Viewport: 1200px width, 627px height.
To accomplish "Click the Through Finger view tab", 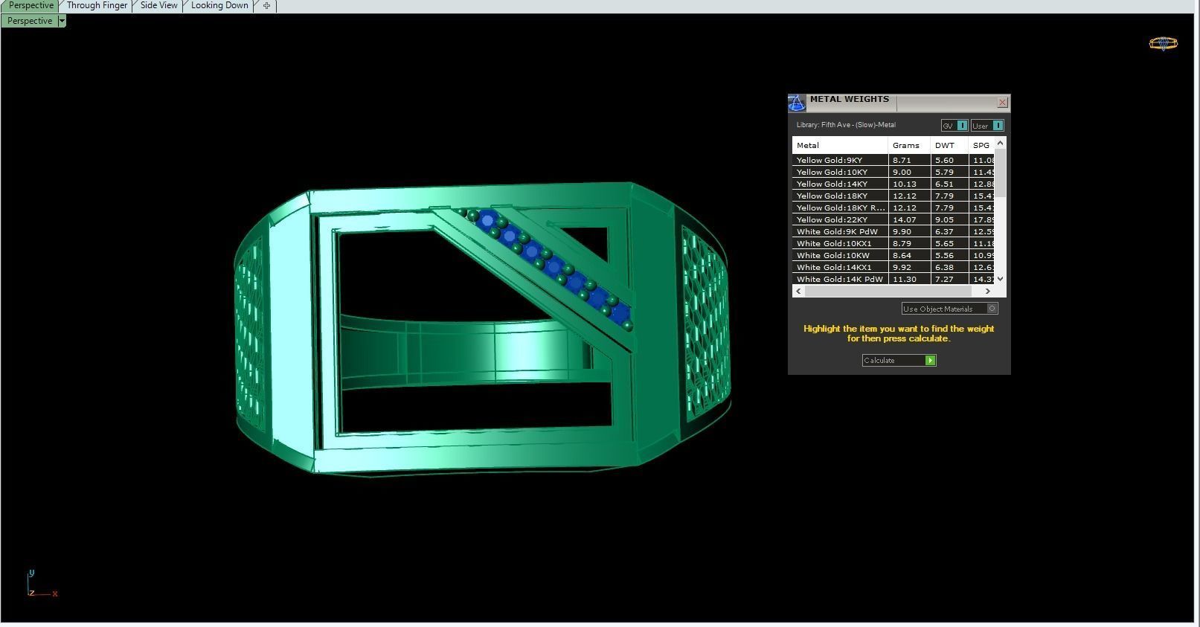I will (97, 5).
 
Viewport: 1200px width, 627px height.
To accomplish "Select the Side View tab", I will (158, 5).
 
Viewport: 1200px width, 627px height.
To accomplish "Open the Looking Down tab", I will (219, 5).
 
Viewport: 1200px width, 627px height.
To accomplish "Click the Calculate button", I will (899, 361).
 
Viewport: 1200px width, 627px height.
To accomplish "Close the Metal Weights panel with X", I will (1002, 103).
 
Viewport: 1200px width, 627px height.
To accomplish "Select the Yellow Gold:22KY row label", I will (832, 219).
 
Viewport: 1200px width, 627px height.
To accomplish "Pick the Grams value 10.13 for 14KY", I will (905, 184).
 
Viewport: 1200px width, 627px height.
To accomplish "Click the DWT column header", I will (945, 145).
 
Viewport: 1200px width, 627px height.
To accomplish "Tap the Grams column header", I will (906, 145).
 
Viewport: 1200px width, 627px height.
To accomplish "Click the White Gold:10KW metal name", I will (833, 255).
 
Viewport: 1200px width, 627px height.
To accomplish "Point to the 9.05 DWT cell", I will (945, 219).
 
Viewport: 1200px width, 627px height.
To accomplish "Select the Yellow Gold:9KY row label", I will (830, 160).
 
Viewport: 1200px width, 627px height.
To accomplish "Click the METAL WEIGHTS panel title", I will (850, 99).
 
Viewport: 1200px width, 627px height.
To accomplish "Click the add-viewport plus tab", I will (266, 6).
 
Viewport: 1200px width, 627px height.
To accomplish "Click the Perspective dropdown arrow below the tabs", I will (62, 21).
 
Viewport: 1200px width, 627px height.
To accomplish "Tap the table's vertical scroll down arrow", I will (1000, 278).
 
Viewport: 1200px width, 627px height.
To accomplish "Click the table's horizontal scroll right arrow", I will (988, 291).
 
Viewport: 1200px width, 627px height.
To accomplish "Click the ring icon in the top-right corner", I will (1163, 44).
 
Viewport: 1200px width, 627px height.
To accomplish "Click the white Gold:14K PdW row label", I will (839, 279).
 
